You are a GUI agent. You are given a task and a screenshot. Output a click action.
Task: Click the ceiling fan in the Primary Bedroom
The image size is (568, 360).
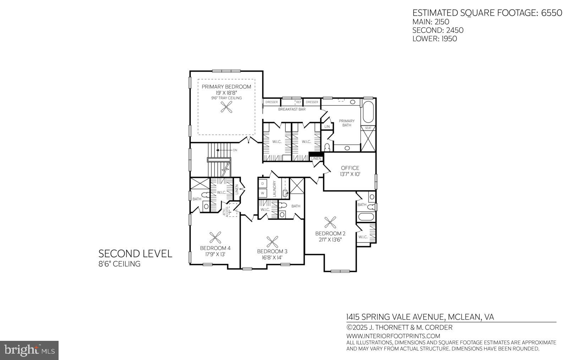point(226,107)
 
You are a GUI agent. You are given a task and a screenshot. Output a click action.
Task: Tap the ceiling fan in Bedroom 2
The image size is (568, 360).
point(331,223)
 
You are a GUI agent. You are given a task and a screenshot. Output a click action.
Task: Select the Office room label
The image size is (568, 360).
point(350,168)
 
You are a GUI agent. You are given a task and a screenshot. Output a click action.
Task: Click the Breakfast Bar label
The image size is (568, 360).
point(291,109)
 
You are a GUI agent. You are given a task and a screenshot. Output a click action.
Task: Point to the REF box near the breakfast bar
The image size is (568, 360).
point(299,102)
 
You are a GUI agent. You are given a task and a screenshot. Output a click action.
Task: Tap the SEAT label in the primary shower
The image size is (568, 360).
point(368,128)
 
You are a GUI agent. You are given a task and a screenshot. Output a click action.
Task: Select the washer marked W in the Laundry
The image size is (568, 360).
point(263,193)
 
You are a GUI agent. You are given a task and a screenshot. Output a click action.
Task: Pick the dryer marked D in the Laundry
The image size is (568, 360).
point(263,184)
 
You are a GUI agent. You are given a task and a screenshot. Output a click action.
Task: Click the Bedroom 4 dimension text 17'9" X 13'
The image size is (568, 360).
point(215,254)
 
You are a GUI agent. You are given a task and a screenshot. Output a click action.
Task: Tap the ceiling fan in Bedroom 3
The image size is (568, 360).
point(272,242)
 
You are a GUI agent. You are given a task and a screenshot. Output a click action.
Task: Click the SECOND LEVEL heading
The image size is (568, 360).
point(135,253)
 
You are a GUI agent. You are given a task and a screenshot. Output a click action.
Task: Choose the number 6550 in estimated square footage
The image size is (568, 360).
point(552,13)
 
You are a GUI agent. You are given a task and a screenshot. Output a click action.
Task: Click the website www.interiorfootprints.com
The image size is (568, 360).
point(393,336)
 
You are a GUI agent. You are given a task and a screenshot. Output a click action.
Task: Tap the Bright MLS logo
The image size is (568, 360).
point(29,350)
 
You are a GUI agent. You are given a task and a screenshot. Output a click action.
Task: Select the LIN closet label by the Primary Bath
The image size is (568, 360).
point(327,126)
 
